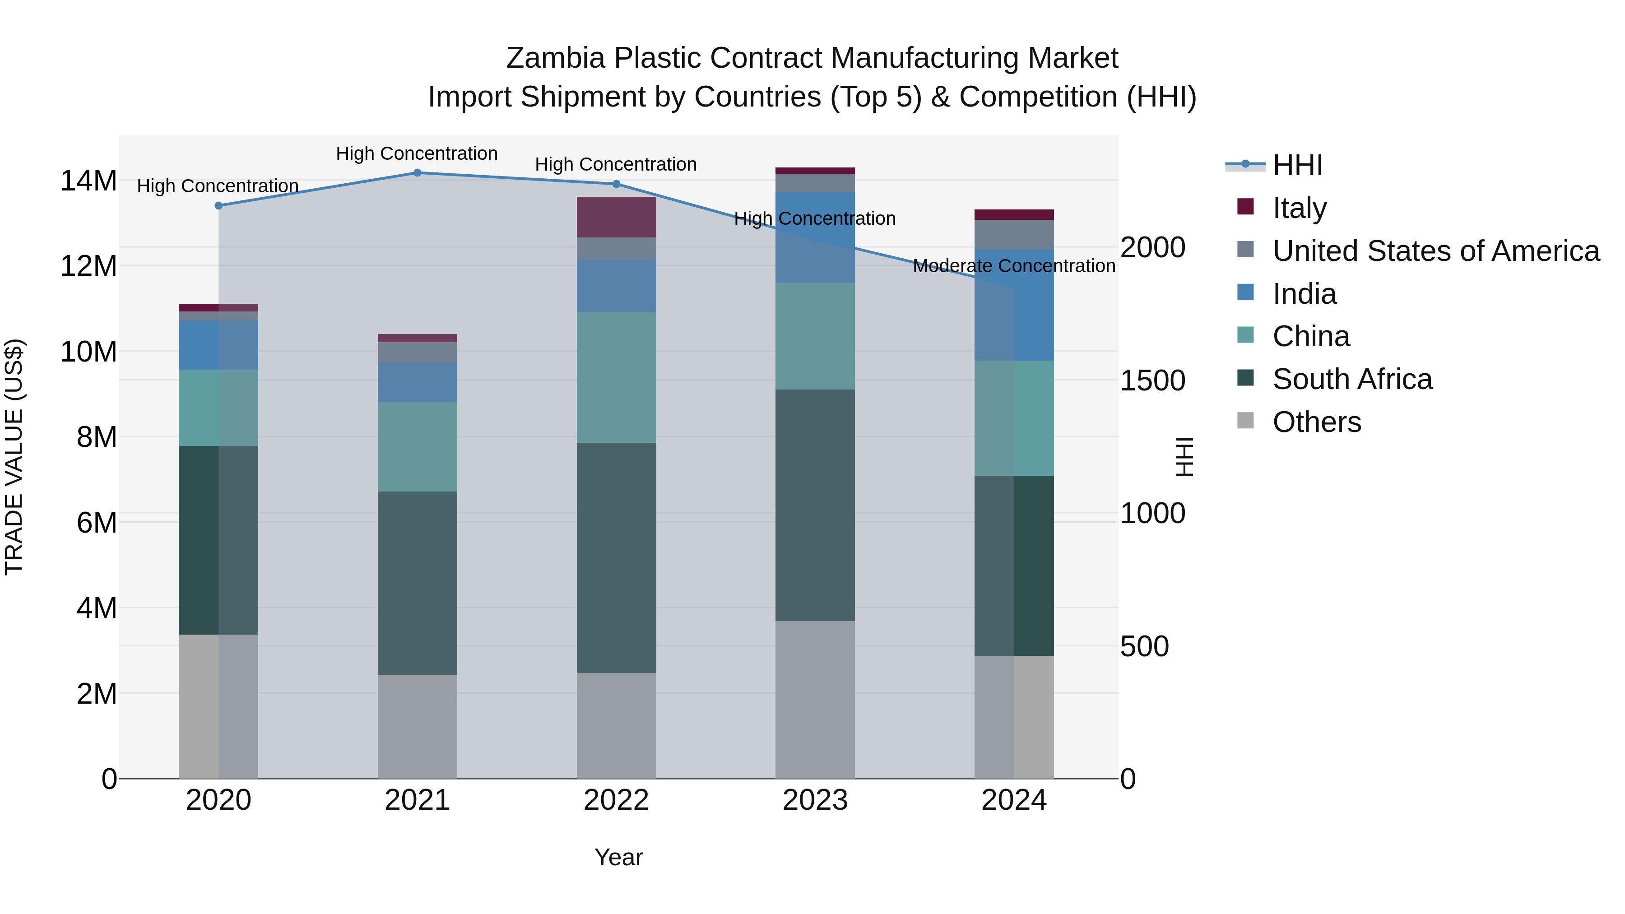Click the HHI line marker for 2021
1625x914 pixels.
pyautogui.click(x=417, y=173)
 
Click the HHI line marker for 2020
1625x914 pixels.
pyautogui.click(x=219, y=206)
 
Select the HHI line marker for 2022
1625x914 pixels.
pyautogui.click(x=616, y=184)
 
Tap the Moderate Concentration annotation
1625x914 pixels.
pyautogui.click(x=1014, y=266)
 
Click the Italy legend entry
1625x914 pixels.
pyautogui.click(x=1299, y=208)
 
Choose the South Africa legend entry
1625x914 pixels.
pyautogui.click(x=1352, y=379)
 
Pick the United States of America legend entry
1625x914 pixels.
pyautogui.click(x=1435, y=251)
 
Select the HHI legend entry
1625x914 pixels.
pyautogui.click(x=1297, y=165)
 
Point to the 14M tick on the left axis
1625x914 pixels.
pyautogui.click(x=88, y=181)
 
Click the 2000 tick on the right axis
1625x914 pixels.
pyautogui.click(x=1152, y=247)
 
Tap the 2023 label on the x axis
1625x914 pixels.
pyautogui.click(x=815, y=800)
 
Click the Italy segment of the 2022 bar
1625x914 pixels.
pyautogui.click(x=616, y=217)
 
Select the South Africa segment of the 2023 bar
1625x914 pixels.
pyautogui.click(x=815, y=505)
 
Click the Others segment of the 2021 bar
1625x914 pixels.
pyautogui.click(x=417, y=726)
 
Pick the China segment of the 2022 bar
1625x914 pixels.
pyautogui.click(x=616, y=377)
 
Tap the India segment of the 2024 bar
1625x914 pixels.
pyautogui.click(x=1014, y=305)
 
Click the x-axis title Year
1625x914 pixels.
pyautogui.click(x=618, y=857)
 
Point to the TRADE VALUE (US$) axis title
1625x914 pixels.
pyautogui.click(x=14, y=457)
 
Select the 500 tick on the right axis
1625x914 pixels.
pyautogui.click(x=1144, y=646)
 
